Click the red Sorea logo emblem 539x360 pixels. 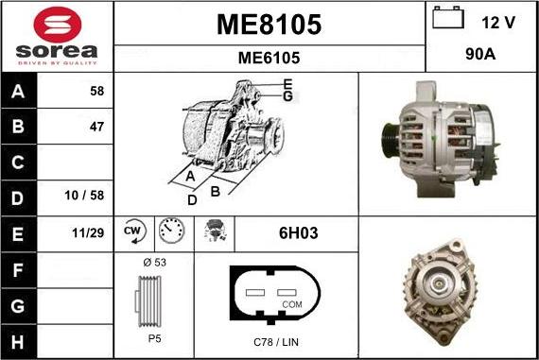point(58,25)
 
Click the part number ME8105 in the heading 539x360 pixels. point(269,25)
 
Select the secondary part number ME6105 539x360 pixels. point(269,58)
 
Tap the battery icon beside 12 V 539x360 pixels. point(448,17)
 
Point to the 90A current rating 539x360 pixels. point(480,54)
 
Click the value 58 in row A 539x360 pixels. point(97,91)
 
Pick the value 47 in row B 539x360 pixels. point(97,127)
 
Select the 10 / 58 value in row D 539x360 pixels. point(84,196)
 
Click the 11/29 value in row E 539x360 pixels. point(88,232)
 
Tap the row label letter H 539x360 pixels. point(18,342)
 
